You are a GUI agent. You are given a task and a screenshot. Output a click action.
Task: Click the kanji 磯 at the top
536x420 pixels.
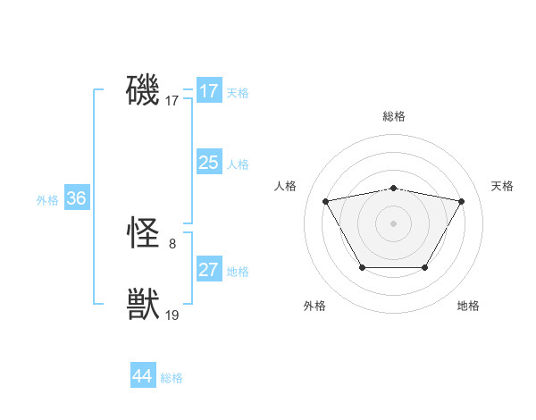click(x=143, y=91)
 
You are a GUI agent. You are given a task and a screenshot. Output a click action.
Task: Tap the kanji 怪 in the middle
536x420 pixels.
click(x=143, y=234)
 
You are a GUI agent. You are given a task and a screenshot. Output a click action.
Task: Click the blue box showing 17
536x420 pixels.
click(x=209, y=91)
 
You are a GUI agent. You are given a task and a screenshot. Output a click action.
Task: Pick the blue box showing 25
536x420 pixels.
click(x=209, y=163)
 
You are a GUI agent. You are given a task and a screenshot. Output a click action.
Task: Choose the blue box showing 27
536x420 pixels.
click(x=209, y=270)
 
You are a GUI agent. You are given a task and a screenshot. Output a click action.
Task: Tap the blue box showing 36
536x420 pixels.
click(x=76, y=198)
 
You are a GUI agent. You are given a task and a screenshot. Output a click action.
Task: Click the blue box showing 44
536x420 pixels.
click(x=143, y=376)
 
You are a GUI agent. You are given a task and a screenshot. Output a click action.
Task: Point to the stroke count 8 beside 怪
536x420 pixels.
click(x=172, y=243)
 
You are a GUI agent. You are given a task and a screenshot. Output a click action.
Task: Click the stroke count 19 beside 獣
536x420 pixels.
click(x=172, y=315)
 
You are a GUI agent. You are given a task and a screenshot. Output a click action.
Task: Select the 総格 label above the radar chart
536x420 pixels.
click(x=393, y=116)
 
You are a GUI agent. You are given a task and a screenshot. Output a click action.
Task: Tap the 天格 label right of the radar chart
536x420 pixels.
click(x=503, y=186)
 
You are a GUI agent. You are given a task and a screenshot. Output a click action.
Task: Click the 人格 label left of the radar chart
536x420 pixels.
click(x=285, y=186)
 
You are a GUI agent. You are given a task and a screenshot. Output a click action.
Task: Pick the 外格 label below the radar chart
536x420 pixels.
click(x=314, y=306)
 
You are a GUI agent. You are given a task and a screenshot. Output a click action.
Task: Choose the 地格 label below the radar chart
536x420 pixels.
click(x=468, y=306)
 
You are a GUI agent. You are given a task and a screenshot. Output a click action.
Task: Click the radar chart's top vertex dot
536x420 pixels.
click(x=393, y=188)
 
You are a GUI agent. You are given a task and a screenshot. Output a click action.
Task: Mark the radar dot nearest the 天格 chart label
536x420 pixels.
click(x=461, y=201)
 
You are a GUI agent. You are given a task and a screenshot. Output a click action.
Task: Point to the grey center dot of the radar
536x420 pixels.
click(x=393, y=223)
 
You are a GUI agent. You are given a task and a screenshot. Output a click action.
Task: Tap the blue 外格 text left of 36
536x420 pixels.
click(x=47, y=200)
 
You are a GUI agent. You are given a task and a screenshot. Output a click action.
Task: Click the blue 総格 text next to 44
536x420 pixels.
click(x=172, y=378)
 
